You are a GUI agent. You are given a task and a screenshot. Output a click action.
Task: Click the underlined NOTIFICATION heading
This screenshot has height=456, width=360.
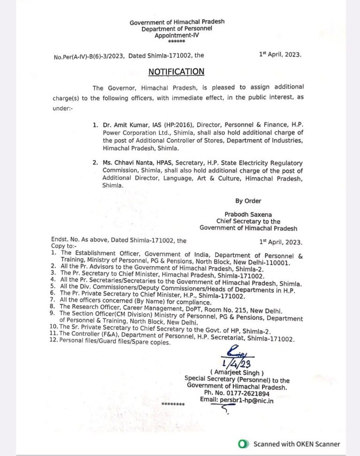176,71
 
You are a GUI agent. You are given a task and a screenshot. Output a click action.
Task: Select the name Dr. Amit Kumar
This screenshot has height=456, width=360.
121,126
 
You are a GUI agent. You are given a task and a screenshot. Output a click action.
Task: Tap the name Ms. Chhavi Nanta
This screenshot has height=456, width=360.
125,162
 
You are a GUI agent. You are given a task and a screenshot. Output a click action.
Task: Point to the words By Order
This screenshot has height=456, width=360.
248,201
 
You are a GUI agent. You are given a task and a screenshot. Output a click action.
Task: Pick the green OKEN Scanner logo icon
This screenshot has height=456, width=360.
242,444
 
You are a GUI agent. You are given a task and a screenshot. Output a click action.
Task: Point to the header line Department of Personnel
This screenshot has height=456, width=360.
177,29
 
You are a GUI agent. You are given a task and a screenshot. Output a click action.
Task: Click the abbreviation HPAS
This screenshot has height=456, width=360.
176,162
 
